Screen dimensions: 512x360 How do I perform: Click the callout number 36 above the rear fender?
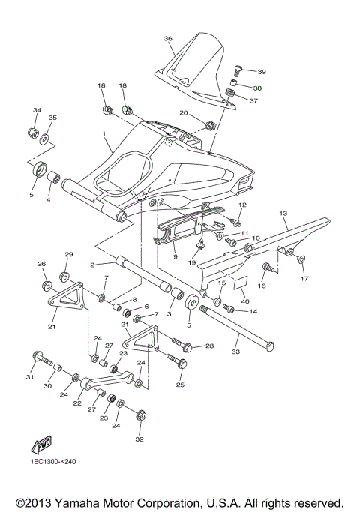168,38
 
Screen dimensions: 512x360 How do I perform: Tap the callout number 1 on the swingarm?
104,134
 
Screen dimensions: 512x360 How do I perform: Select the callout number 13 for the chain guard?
283,214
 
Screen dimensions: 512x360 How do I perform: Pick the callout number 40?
244,301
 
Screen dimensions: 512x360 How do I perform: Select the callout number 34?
36,111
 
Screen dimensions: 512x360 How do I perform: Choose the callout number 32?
139,439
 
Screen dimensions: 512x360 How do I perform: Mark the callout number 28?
209,346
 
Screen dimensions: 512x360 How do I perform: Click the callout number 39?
262,72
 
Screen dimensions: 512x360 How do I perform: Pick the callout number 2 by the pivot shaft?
91,265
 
